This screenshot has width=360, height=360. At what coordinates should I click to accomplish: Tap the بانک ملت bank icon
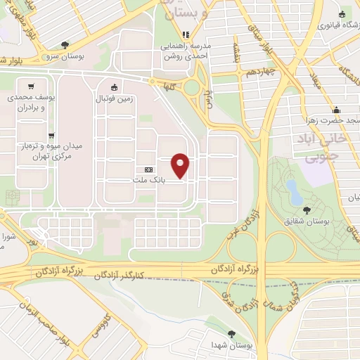coord(148,171)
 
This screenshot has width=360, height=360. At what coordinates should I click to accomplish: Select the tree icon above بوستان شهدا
coord(232,335)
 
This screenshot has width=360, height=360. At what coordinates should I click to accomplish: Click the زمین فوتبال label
coord(114,100)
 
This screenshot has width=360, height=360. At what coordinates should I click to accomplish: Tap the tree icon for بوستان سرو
coord(65,44)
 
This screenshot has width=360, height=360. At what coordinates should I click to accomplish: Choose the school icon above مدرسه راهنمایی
coord(186,33)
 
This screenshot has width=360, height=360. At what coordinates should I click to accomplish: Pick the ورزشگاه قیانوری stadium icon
coord(342,14)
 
